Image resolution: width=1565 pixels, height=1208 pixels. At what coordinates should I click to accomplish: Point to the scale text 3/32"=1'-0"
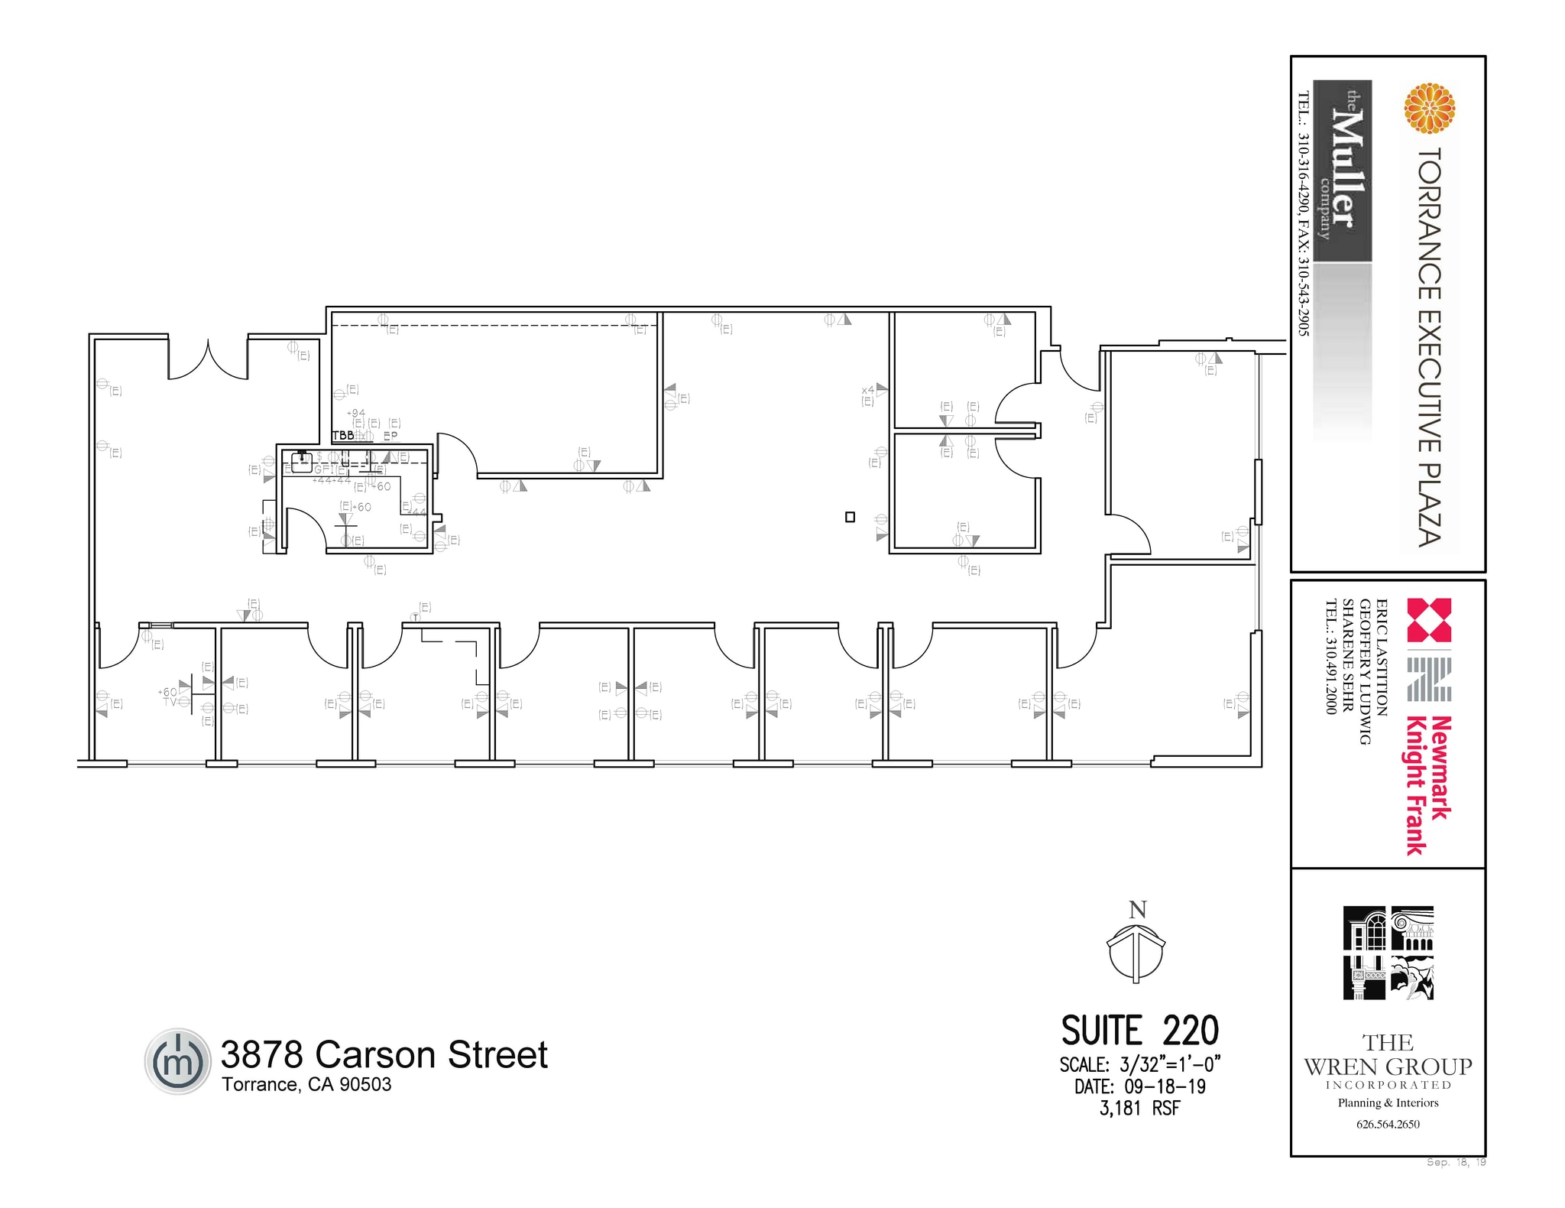pyautogui.click(x=1169, y=1064)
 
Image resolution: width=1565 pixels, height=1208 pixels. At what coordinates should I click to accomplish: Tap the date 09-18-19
pyautogui.click(x=1165, y=1086)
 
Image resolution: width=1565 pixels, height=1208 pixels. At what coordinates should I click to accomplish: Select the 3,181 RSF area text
pyautogui.click(x=1139, y=1109)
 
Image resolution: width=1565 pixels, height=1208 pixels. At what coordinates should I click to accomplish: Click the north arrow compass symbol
pyautogui.click(x=1136, y=953)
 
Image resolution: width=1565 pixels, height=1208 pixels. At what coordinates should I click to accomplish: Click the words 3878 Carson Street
pyautogui.click(x=384, y=1054)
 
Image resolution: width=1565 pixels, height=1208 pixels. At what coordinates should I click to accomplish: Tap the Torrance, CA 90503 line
pyautogui.click(x=306, y=1085)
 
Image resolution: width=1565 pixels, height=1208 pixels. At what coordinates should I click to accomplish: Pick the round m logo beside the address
pyautogui.click(x=177, y=1061)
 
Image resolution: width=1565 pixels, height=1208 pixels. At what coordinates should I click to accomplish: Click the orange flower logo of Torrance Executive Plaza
pyautogui.click(x=1429, y=108)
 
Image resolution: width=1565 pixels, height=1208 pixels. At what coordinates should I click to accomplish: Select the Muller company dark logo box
pyautogui.click(x=1342, y=170)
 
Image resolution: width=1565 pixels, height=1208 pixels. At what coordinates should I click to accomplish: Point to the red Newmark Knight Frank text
pyautogui.click(x=1428, y=784)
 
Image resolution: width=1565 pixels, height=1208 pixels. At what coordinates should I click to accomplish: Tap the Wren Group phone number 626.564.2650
pyautogui.click(x=1388, y=1124)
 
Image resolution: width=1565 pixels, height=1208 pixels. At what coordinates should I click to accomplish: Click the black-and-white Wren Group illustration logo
pyautogui.click(x=1388, y=953)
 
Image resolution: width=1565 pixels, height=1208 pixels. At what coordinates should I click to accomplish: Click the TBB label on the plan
pyautogui.click(x=342, y=435)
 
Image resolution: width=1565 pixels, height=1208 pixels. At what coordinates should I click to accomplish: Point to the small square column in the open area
pyautogui.click(x=850, y=517)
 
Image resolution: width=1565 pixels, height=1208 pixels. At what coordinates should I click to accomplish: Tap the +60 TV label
pyautogui.click(x=169, y=697)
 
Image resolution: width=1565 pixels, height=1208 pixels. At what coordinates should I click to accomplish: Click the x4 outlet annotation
pyautogui.click(x=868, y=391)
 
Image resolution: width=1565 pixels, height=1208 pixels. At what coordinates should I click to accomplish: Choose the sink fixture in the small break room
pyautogui.click(x=301, y=462)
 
